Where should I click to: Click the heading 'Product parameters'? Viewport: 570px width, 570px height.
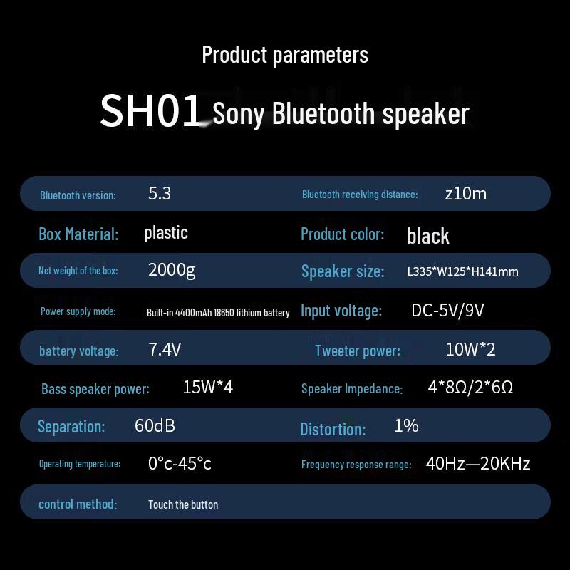tap(285, 55)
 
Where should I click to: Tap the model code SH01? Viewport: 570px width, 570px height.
tap(151, 111)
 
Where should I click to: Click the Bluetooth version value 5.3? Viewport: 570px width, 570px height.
tap(160, 193)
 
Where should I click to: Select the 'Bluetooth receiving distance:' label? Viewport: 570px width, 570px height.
tap(360, 195)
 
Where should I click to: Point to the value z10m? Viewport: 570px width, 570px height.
tap(465, 193)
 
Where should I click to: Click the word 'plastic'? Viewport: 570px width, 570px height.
tap(166, 232)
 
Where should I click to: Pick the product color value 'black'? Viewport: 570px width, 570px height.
tap(428, 236)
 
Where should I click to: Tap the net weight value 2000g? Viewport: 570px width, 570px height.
tap(172, 269)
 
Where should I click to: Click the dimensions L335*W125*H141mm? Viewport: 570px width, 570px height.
tap(462, 271)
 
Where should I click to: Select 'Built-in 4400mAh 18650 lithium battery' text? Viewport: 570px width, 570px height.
tap(218, 312)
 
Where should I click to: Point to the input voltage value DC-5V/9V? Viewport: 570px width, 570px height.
tap(447, 310)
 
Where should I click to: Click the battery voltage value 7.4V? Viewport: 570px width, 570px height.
tap(165, 349)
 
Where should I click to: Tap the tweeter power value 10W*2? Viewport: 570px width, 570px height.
tap(470, 349)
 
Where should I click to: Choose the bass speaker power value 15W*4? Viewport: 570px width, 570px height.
tap(208, 387)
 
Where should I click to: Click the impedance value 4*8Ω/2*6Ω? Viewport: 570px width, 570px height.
tap(470, 387)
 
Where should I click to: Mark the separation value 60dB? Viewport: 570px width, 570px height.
tap(155, 425)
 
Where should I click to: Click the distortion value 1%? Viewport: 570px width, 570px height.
tap(406, 425)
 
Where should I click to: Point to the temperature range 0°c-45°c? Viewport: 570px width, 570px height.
tap(180, 464)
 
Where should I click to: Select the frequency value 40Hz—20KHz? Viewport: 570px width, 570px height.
tap(478, 464)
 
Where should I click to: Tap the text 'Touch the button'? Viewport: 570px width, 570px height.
tap(183, 504)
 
